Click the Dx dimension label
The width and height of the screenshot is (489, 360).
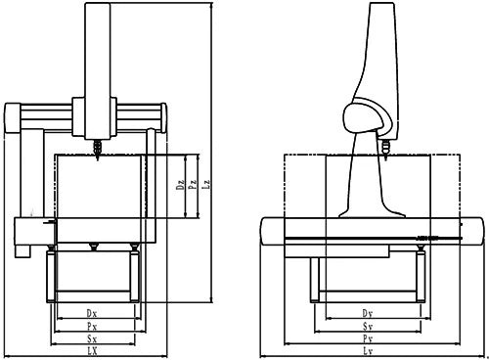tap(92, 313)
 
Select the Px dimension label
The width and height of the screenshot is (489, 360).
tap(92, 326)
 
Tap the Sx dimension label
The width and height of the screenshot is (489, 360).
tap(92, 338)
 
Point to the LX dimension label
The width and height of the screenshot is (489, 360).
tap(92, 350)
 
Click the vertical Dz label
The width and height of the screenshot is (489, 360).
tap(182, 184)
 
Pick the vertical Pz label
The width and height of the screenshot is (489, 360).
tap(194, 184)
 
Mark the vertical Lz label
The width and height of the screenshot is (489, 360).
tap(205, 184)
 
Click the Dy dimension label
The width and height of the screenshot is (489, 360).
tap(368, 313)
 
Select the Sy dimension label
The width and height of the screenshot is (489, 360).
tap(368, 326)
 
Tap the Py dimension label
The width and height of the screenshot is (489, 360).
tap(368, 338)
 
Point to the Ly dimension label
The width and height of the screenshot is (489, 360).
tap(368, 350)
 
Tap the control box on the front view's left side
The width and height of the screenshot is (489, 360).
tap(30, 231)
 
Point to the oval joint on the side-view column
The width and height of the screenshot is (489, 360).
tap(364, 118)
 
